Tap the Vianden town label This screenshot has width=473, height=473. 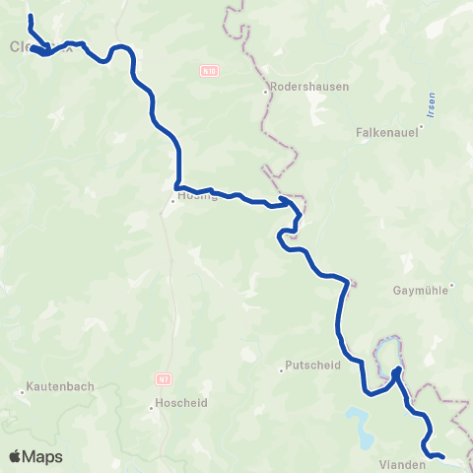click(401, 462)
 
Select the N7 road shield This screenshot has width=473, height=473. click(164, 377)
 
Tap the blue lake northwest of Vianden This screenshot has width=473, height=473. click(359, 426)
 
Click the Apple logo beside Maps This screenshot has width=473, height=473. click(16, 456)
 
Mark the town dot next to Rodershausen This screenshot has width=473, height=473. click(265, 94)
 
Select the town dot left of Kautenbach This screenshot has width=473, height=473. click(22, 392)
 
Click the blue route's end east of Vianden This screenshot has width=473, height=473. click(442, 456)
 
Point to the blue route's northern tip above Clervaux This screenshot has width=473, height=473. click(30, 17)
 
